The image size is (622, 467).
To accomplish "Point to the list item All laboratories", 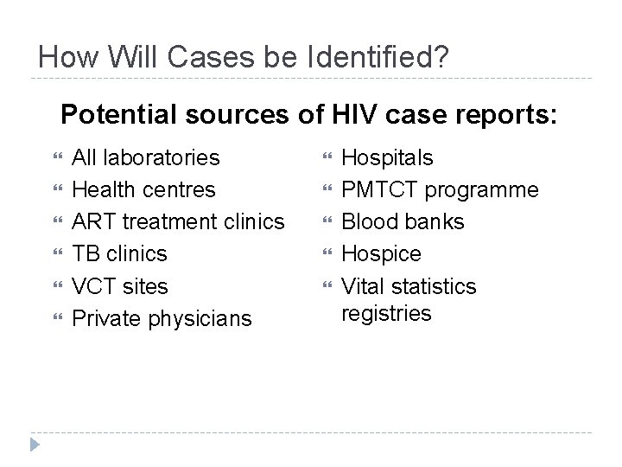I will [x=145, y=157].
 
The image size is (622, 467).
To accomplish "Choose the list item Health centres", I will [x=144, y=189].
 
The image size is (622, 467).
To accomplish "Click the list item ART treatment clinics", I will [x=178, y=221].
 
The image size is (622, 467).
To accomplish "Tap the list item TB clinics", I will [x=119, y=253].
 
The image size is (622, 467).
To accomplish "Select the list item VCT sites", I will [x=120, y=285].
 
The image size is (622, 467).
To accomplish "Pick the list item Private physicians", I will [x=162, y=318].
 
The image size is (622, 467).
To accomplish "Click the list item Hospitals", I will [x=388, y=157].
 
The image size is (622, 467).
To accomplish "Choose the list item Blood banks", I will [x=403, y=221].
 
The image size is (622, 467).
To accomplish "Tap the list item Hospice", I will [x=382, y=253].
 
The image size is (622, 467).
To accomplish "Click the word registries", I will [x=386, y=313].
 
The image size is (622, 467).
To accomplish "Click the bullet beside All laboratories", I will [x=58, y=157].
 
